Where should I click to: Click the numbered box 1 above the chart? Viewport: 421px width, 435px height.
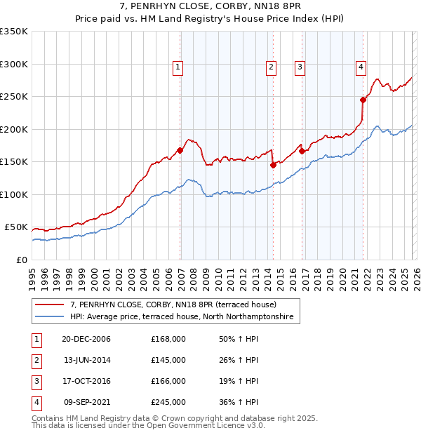pyautogui.click(x=178, y=67)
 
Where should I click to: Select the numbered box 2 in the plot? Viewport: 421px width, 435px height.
pyautogui.click(x=270, y=67)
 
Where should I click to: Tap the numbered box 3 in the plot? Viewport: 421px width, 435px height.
pyautogui.click(x=300, y=67)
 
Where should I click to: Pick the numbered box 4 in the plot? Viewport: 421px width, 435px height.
pyautogui.click(x=360, y=67)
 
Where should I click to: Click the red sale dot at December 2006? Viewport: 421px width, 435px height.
pyautogui.click(x=180, y=150)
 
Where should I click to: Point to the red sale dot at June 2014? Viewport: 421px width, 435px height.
pyautogui.click(x=273, y=166)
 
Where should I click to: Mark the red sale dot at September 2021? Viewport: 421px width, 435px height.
pyautogui.click(x=363, y=100)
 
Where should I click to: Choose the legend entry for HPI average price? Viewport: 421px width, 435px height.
pyautogui.click(x=185, y=318)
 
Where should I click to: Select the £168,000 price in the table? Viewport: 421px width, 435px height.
pyautogui.click(x=168, y=339)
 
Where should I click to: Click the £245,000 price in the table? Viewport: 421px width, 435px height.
pyautogui.click(x=168, y=402)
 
